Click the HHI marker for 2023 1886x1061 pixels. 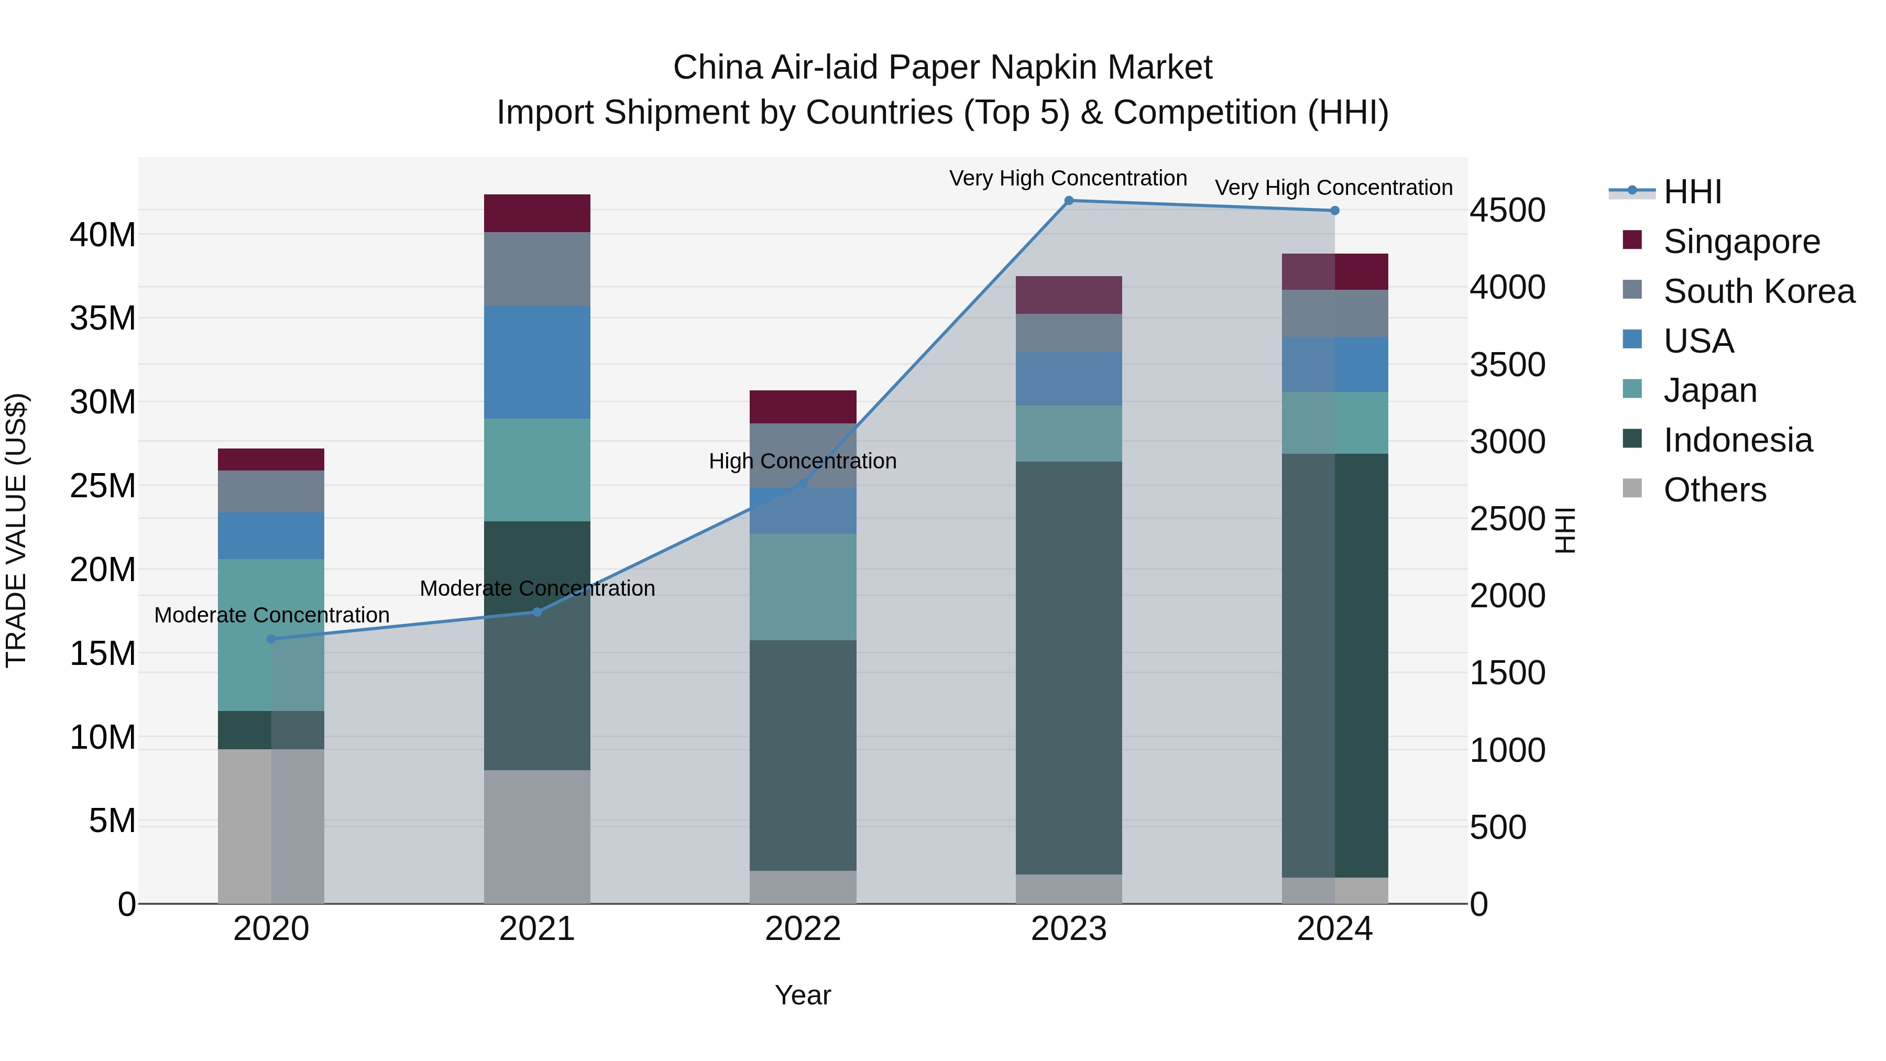tap(1068, 201)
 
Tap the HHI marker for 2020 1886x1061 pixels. tap(271, 639)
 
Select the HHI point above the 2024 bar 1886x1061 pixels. tap(1335, 211)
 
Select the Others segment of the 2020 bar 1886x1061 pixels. tap(271, 826)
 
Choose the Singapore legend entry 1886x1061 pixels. tap(1741, 242)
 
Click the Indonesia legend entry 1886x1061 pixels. tap(1737, 440)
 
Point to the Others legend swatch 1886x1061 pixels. tap(1632, 488)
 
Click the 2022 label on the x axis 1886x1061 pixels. tap(803, 929)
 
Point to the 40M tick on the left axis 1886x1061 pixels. tap(103, 235)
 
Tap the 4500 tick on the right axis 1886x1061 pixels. tap(1507, 211)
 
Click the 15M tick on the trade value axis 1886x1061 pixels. tap(103, 653)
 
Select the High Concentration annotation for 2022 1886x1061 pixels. tap(803, 461)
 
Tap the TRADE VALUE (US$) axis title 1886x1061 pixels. tap(16, 530)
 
